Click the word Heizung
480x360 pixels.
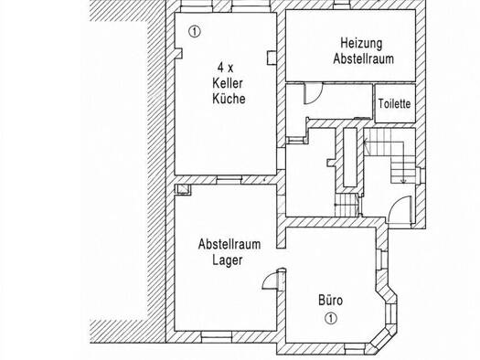click(x=361, y=44)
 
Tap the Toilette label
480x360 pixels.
click(x=394, y=103)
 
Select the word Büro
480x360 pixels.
click(x=331, y=300)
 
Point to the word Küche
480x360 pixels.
click(x=229, y=99)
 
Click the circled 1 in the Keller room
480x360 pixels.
click(x=194, y=31)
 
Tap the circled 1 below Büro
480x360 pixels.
click(x=331, y=318)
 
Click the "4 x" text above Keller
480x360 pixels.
click(x=225, y=68)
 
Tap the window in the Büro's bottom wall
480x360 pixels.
click(x=355, y=346)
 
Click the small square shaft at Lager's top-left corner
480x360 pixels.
click(x=184, y=189)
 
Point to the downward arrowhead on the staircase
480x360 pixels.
click(x=403, y=182)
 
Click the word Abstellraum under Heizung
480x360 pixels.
click(x=363, y=58)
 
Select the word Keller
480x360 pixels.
click(x=228, y=83)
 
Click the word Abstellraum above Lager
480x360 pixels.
click(x=229, y=244)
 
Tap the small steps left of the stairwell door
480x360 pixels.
click(x=347, y=206)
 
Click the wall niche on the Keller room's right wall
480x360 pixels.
click(x=272, y=58)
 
